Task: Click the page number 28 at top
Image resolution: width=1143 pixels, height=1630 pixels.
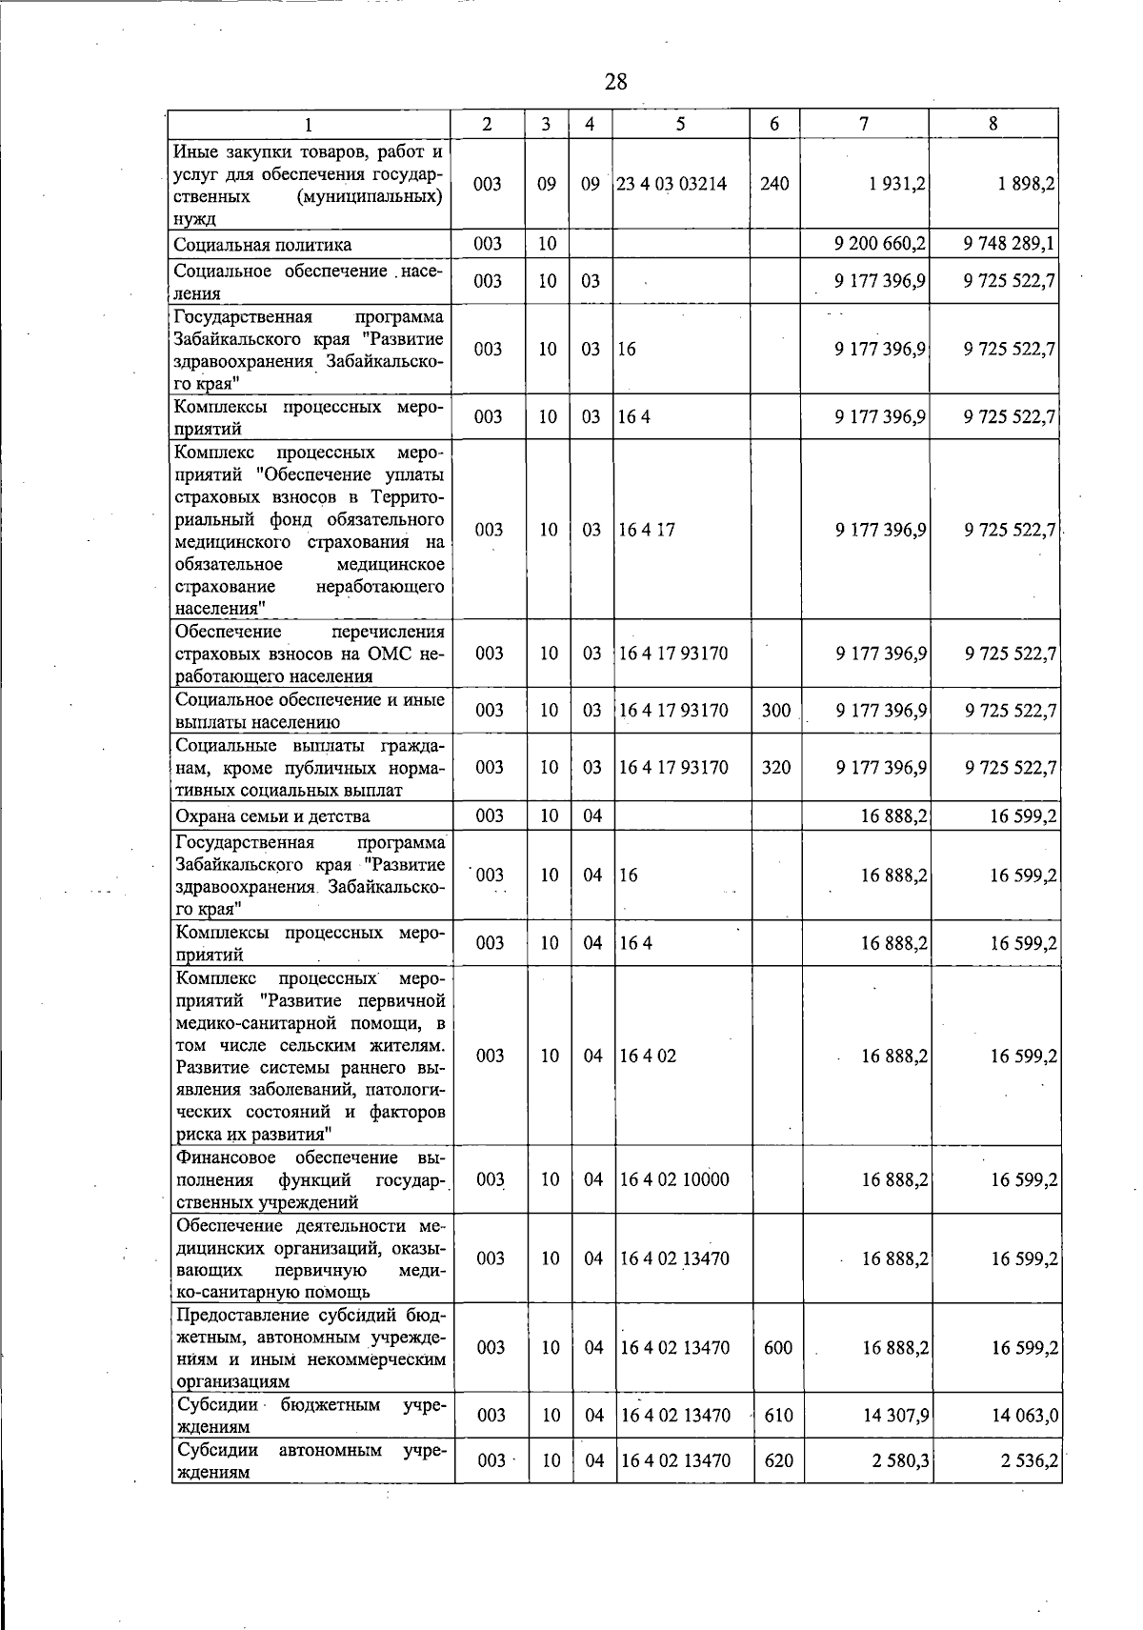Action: (x=615, y=81)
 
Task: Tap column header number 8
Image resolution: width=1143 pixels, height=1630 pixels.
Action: (x=993, y=124)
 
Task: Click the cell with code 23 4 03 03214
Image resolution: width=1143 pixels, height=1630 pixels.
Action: (x=672, y=184)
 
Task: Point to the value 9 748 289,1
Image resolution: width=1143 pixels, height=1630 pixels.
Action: (x=1009, y=244)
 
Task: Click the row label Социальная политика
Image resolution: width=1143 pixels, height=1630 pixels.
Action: (x=263, y=245)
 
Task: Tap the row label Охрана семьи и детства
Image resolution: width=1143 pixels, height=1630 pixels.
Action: (x=272, y=816)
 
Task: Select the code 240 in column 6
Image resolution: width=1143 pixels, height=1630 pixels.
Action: (x=774, y=184)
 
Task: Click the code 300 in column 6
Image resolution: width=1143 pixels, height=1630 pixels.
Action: (x=776, y=711)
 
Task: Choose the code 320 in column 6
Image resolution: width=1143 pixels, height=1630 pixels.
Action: (x=776, y=768)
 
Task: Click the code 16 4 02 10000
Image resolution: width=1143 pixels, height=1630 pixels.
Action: (x=674, y=1179)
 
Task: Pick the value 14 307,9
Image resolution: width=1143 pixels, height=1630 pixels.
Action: (x=895, y=1416)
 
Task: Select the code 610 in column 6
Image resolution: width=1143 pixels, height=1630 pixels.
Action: (x=778, y=1416)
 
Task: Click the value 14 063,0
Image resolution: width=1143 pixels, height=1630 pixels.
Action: (x=1024, y=1416)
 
